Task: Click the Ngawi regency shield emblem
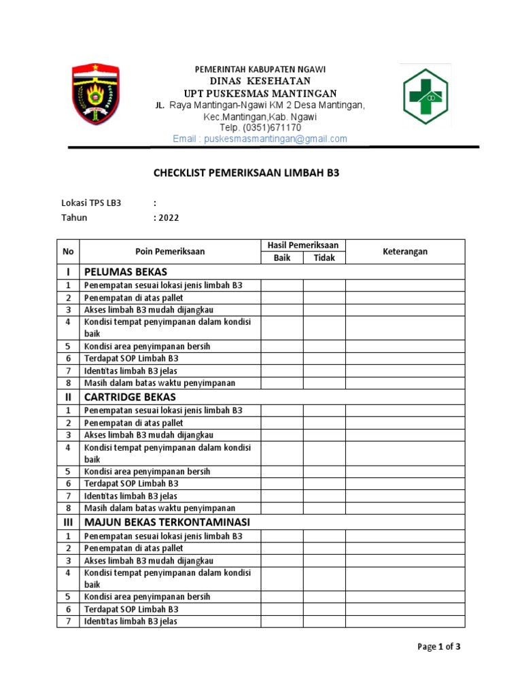(x=96, y=94)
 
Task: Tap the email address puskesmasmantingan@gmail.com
(x=260, y=139)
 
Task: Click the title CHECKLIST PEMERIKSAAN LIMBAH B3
(x=246, y=173)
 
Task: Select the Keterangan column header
(x=404, y=251)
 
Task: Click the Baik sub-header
(x=281, y=258)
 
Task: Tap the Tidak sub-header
(x=324, y=258)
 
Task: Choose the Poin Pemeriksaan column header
(x=170, y=251)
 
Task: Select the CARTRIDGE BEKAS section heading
(x=129, y=397)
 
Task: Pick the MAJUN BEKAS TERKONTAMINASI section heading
(x=167, y=522)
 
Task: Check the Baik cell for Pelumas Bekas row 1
(x=281, y=285)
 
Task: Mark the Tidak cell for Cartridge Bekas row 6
(x=324, y=483)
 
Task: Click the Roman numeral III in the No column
(x=68, y=522)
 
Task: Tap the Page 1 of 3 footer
(x=438, y=646)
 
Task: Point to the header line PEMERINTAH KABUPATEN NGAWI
(x=260, y=69)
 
